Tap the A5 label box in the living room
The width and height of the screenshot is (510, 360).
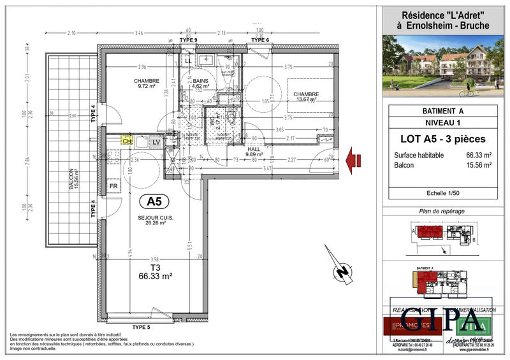click(x=153, y=201)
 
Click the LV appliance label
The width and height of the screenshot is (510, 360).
click(x=156, y=141)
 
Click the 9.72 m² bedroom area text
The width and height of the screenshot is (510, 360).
click(x=147, y=87)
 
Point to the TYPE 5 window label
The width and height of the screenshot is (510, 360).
click(x=141, y=327)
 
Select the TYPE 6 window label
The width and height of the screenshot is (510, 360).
click(x=260, y=40)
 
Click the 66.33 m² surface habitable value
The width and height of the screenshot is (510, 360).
click(x=478, y=155)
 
